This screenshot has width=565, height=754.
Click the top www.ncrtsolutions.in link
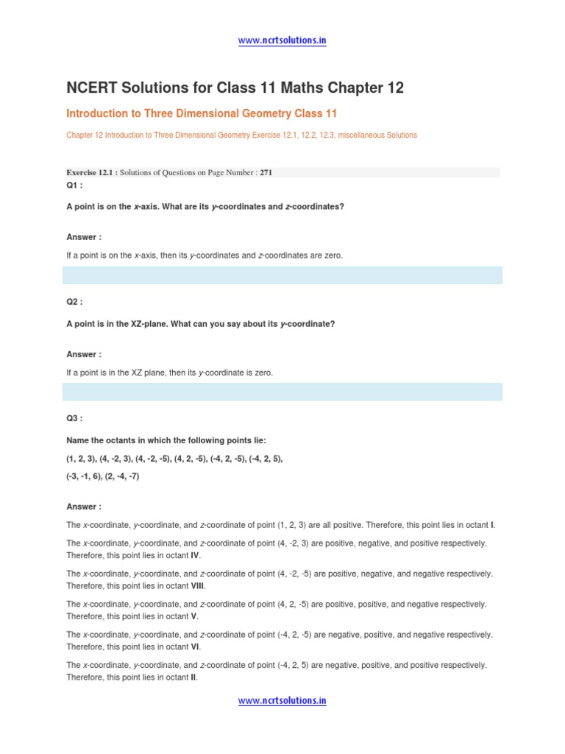282,40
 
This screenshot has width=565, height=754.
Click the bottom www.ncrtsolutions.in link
282,701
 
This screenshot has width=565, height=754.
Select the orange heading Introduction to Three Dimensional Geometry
202,114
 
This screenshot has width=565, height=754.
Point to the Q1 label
74,186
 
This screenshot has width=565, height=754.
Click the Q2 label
74,302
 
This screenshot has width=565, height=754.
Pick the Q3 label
74,418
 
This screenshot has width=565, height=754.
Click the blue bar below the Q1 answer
282,275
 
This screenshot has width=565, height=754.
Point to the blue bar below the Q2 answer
282,392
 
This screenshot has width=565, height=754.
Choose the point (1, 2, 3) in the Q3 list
80,459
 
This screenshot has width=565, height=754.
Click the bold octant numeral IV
195,555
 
